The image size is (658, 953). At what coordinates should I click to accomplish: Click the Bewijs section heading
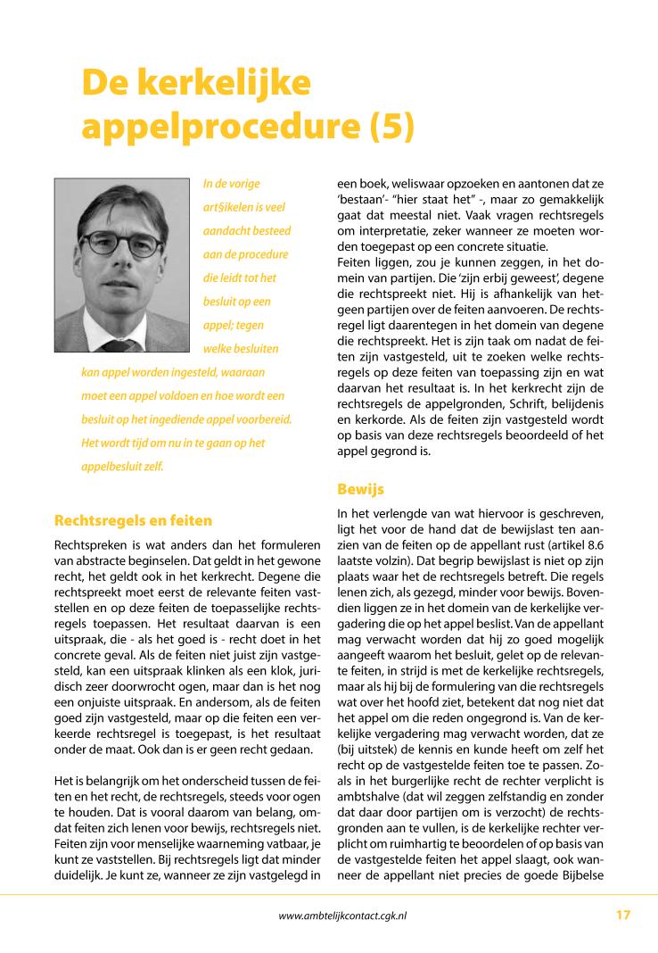click(x=362, y=488)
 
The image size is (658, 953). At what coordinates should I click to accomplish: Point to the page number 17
click(x=622, y=915)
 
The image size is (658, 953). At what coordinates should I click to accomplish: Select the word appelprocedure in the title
click(x=218, y=125)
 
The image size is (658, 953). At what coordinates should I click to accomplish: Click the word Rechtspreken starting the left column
click(x=90, y=544)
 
